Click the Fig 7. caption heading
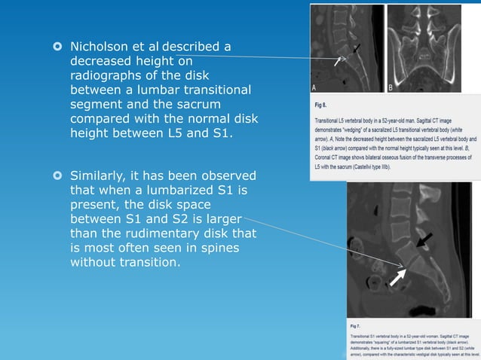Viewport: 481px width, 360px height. point(356,325)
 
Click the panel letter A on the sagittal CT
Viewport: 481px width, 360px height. point(316,87)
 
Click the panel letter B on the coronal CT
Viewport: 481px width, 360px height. point(391,87)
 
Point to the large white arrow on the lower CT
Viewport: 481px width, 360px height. point(399,277)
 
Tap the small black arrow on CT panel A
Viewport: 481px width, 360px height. point(356,49)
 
